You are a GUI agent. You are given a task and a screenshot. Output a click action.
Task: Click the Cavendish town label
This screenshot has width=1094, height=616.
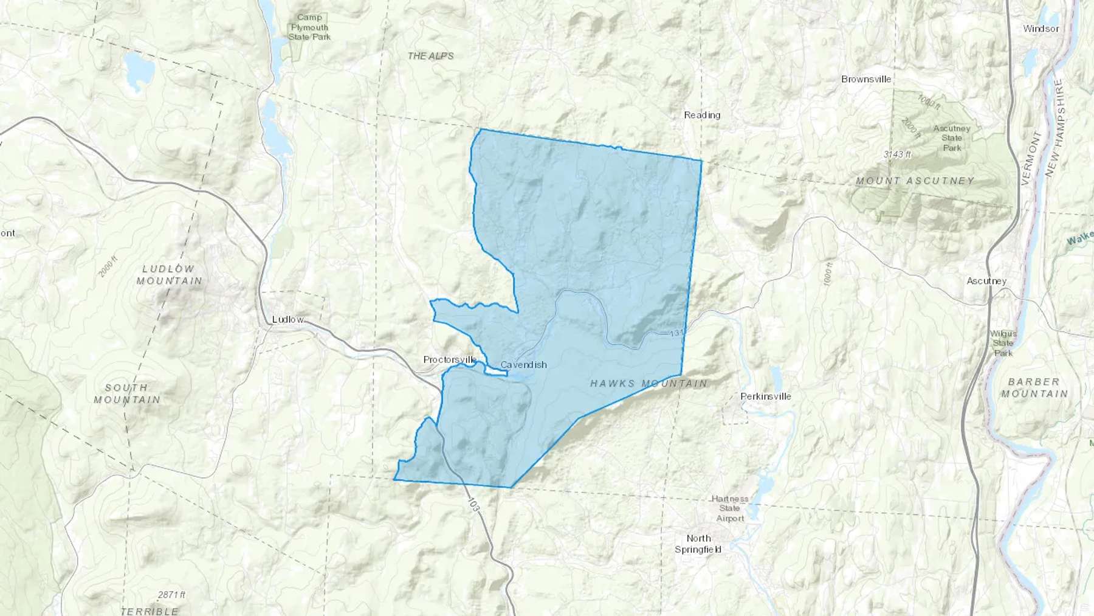point(523,365)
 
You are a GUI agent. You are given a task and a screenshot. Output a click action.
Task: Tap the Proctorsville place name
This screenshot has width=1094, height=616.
point(450,360)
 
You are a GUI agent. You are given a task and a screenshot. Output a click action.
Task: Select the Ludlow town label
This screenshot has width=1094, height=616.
point(287,319)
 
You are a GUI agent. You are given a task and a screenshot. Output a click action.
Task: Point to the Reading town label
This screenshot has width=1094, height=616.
point(702,115)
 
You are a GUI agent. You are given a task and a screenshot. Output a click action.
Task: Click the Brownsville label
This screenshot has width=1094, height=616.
point(866,79)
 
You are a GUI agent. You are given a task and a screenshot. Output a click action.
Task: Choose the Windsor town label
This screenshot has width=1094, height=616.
point(1041,29)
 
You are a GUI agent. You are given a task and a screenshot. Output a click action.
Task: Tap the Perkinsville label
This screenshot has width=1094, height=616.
point(766,396)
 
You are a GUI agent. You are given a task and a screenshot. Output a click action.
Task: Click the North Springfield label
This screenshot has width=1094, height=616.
point(698,544)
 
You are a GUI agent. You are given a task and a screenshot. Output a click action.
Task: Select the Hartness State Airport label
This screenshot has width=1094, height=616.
point(730,508)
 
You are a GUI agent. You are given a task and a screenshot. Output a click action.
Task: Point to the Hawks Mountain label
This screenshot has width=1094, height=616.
point(649,383)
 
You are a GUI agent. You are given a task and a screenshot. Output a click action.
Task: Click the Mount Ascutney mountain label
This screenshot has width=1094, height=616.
point(915,181)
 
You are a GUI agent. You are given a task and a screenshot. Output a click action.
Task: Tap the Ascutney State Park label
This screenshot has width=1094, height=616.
point(952,138)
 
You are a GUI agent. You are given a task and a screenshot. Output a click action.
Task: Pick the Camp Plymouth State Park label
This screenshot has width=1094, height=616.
point(309,27)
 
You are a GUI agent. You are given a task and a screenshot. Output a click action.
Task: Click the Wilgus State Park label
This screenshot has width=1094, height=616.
point(1003,343)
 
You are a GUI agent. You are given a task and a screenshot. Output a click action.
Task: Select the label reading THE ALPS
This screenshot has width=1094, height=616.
point(430,56)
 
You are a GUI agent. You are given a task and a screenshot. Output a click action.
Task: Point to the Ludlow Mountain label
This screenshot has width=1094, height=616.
point(169,274)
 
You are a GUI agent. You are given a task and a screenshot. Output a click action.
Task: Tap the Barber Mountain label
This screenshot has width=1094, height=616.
point(1034,387)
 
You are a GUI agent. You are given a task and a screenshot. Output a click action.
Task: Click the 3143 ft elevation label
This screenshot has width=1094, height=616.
point(897,154)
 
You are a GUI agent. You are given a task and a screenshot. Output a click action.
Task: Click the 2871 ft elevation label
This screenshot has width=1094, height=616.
point(171,595)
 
